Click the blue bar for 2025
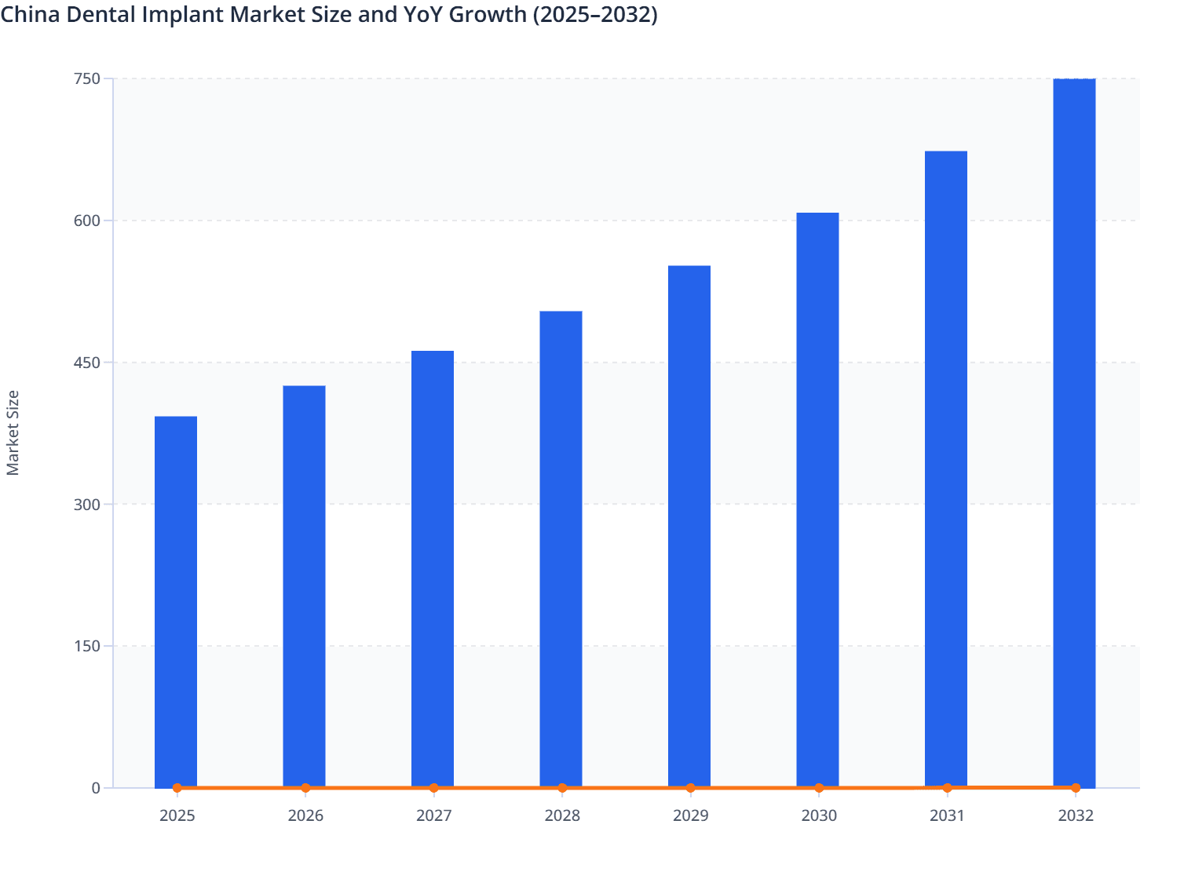coord(176,601)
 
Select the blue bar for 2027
coord(433,568)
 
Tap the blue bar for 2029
coord(689,526)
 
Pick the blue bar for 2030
coord(817,499)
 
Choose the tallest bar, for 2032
coord(1074,432)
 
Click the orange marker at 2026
coord(305,788)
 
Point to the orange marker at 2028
coord(562,788)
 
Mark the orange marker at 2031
coord(947,787)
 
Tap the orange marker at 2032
coord(1076,787)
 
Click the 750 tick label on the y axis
coord(87,78)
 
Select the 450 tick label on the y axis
coord(87,363)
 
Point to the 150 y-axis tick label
coord(87,646)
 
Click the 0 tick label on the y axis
coord(96,788)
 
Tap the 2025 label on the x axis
coord(177,815)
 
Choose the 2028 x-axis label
coord(562,815)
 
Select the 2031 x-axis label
coord(947,815)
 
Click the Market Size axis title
coord(13,432)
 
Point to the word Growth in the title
coord(488,14)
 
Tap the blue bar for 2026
coord(304,586)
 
